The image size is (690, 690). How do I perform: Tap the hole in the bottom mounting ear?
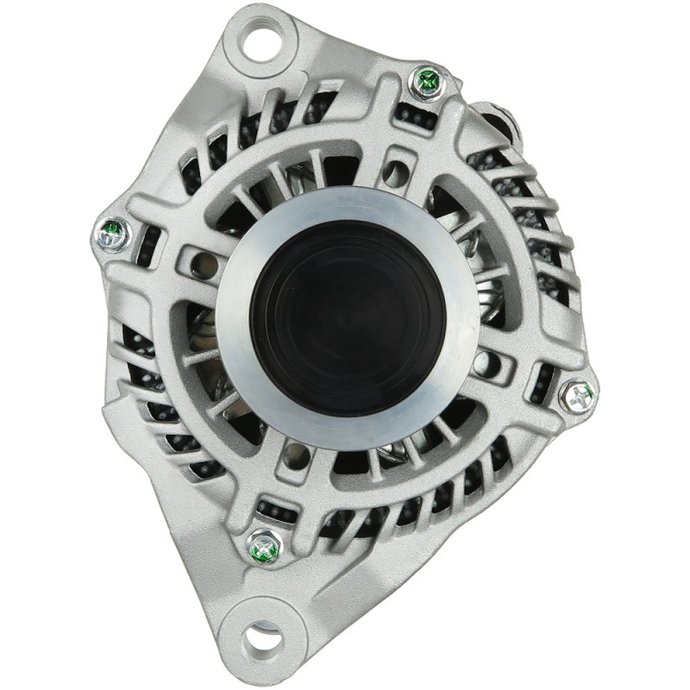pos(262,640)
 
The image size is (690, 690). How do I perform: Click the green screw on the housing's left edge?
pos(111,232)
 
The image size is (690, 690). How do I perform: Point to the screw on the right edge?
pos(576,397)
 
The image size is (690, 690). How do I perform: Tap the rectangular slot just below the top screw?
pos(417,114)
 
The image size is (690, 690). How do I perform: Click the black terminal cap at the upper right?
pos(500,121)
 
